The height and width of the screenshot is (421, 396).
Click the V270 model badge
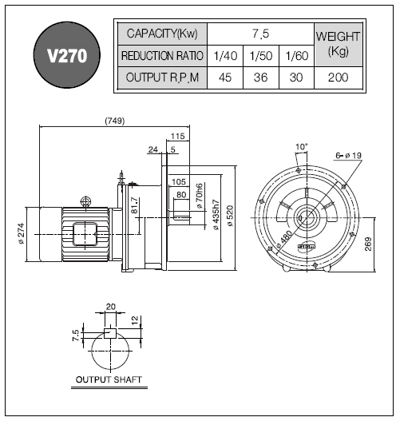pos(67,55)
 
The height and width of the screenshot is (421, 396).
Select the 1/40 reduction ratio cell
pos(225,56)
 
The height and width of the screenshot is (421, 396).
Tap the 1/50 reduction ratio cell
pos(261,56)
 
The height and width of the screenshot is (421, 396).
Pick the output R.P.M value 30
pos(296,77)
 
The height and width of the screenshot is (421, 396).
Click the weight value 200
pos(338,77)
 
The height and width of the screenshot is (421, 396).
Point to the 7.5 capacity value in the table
pos(260,34)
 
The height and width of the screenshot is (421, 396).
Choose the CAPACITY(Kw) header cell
pos(162,34)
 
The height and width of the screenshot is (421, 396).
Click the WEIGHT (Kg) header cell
pos(338,45)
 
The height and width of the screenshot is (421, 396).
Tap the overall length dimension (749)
pos(115,121)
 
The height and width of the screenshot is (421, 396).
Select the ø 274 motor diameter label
pos(22,233)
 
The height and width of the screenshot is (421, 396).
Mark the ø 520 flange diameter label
pos(230,216)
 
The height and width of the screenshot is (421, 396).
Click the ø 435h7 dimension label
pos(216,215)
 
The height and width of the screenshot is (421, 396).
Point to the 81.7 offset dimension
pos(134,205)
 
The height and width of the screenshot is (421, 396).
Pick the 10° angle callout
pos(301,147)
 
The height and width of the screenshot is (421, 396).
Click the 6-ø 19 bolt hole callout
pos(349,156)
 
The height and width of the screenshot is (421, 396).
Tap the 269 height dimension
pos(368,244)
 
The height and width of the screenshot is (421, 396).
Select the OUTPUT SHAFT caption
pos(109,379)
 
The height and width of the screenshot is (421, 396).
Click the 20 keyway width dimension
pos(111,307)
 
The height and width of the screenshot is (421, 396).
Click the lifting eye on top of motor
pos(85,201)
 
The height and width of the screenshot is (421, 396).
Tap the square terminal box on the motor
pos(85,234)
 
